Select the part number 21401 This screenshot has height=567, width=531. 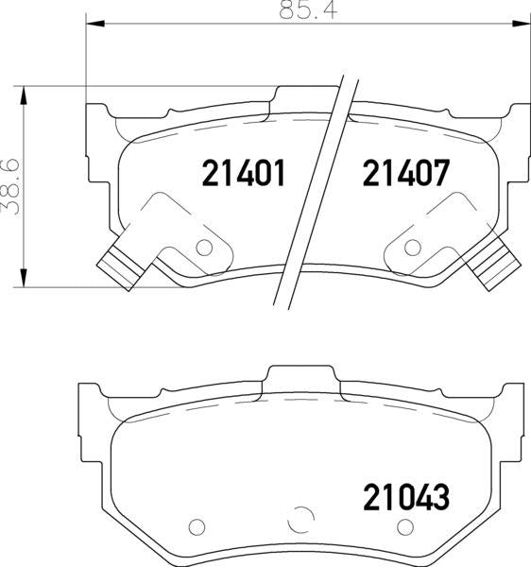(243, 174)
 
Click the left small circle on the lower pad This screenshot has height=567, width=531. (196, 527)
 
